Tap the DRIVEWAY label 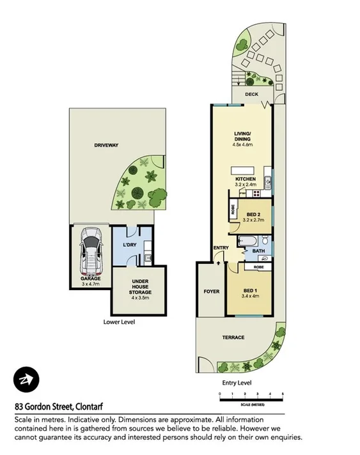[x=107, y=146]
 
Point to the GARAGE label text [x=91, y=279]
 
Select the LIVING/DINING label [x=243, y=137]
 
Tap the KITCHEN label [x=245, y=178]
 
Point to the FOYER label [x=211, y=291]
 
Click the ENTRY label [x=221, y=249]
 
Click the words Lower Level [x=119, y=322]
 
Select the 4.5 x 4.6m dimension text [x=243, y=145]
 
